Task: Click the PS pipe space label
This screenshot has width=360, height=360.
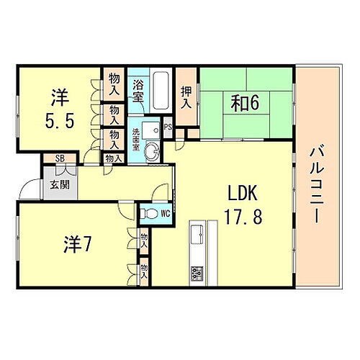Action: (x=167, y=128)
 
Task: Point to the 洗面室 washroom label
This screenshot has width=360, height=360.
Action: (x=136, y=138)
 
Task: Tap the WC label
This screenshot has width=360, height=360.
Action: (x=165, y=213)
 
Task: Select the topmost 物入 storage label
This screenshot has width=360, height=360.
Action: (x=114, y=84)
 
